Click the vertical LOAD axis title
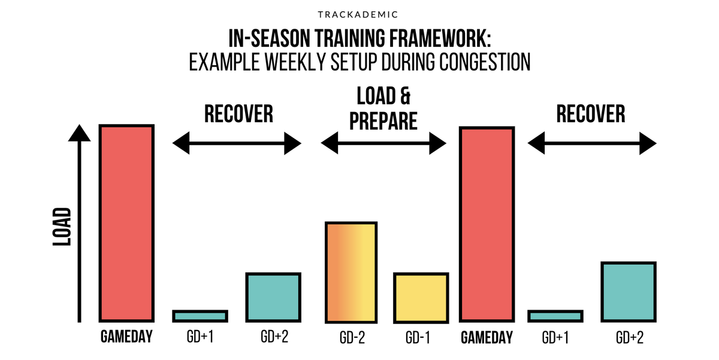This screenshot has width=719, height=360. coord(62,227)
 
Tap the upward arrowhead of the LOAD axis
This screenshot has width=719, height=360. coord(79,133)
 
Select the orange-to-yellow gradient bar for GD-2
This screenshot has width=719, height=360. coord(351,271)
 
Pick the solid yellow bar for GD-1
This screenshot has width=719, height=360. coord(421,297)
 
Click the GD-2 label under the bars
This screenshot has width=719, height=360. coord(351,338)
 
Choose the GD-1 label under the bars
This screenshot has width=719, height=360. coord(420,338)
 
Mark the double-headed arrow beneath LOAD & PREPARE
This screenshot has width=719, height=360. coord(383,144)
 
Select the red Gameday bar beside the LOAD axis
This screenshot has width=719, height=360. coord(126,223)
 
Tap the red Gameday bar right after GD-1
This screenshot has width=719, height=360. coord(487,224)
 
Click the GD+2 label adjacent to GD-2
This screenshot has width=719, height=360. coord(274,338)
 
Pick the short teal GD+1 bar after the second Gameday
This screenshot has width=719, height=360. coord(555,316)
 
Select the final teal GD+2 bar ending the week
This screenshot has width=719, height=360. coord(628,291)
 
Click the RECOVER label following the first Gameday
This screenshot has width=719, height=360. coord(238,114)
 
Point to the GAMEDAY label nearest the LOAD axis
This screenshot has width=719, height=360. coord(126,338)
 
